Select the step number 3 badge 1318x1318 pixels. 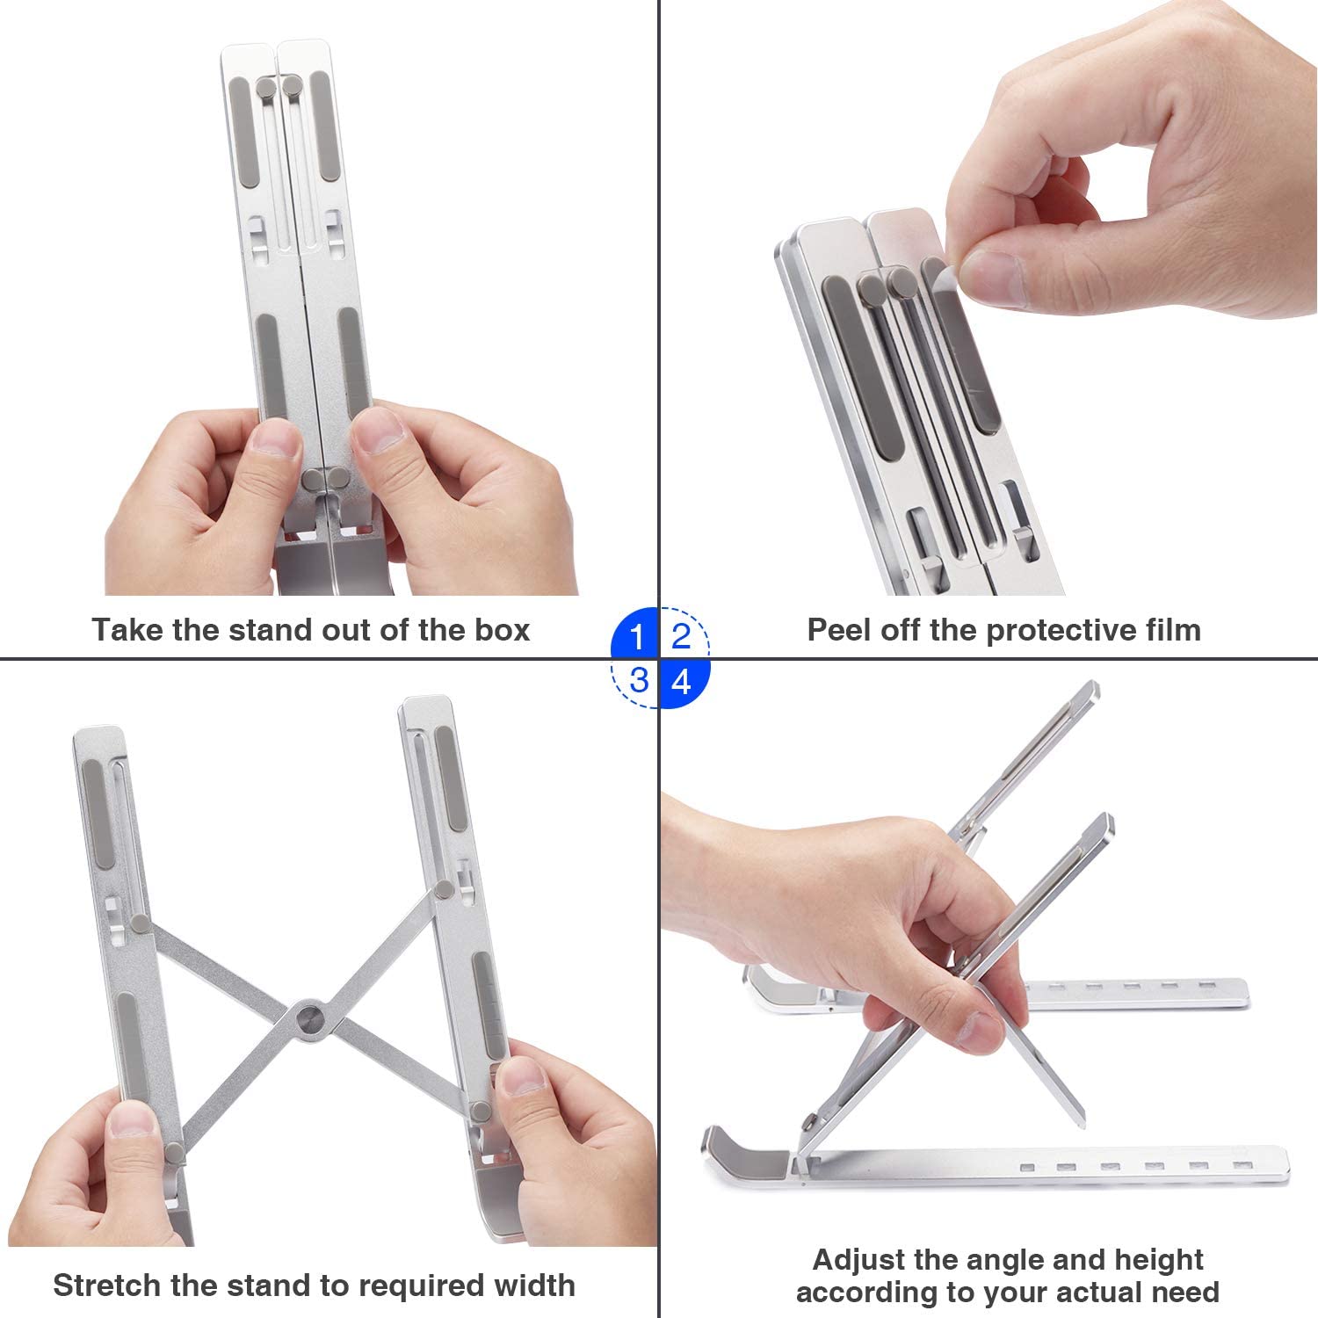tap(638, 680)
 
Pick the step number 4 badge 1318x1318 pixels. tap(681, 680)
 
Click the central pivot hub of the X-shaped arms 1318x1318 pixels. tap(309, 1018)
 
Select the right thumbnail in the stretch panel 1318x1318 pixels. tap(520, 1077)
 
